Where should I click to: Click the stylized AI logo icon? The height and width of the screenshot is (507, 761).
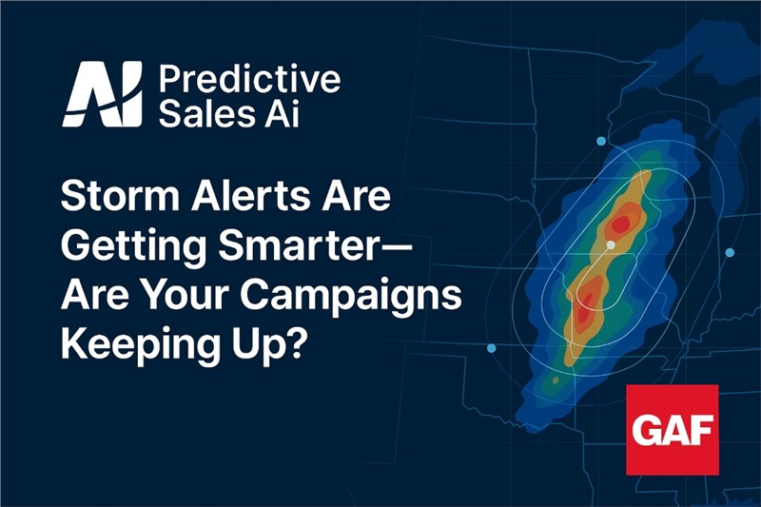[103, 94]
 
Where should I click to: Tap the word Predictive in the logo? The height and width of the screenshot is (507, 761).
[249, 79]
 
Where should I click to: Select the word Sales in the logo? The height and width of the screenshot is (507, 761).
[206, 113]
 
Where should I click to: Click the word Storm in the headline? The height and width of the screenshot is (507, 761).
[121, 196]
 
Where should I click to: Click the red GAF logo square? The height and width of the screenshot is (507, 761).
[673, 430]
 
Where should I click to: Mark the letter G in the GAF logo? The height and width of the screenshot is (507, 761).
[646, 430]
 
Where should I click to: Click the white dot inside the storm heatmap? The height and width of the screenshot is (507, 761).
[611, 245]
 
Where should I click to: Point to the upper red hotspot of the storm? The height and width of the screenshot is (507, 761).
[621, 224]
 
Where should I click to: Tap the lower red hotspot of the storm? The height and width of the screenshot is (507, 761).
[585, 309]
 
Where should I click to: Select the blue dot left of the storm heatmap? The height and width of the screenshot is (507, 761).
[491, 348]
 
